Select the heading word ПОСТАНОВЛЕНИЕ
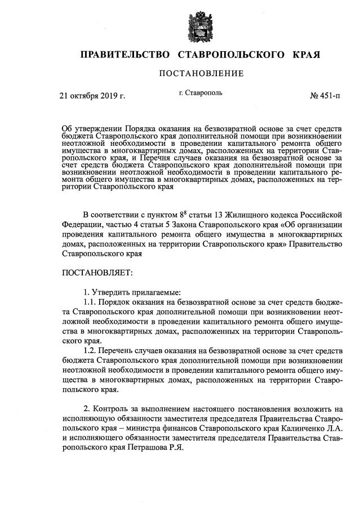click(x=201, y=74)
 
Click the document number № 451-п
click(x=325, y=96)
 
